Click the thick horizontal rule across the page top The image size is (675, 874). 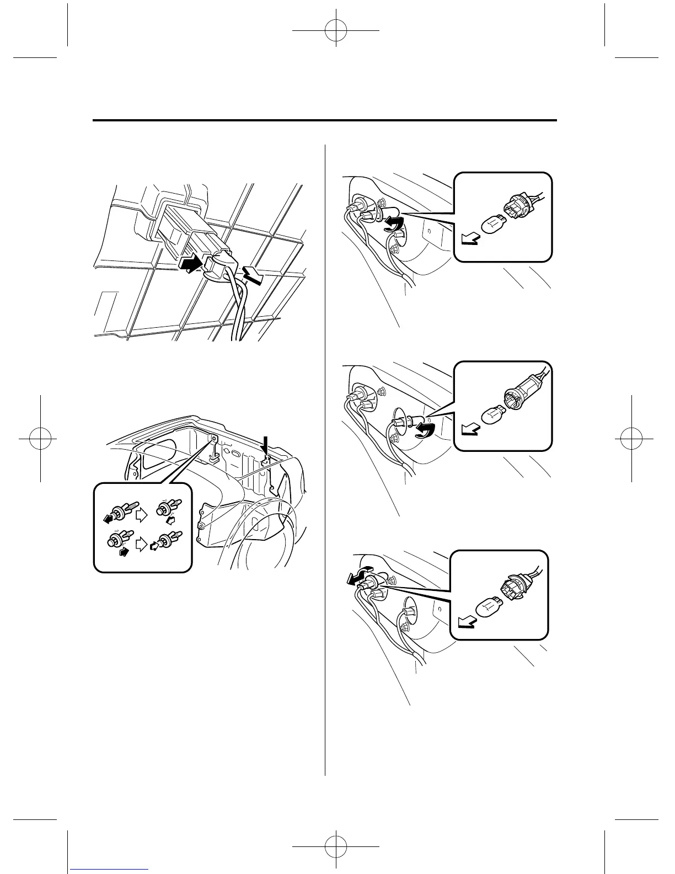click(325, 120)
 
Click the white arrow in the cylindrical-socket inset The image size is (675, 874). click(470, 429)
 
